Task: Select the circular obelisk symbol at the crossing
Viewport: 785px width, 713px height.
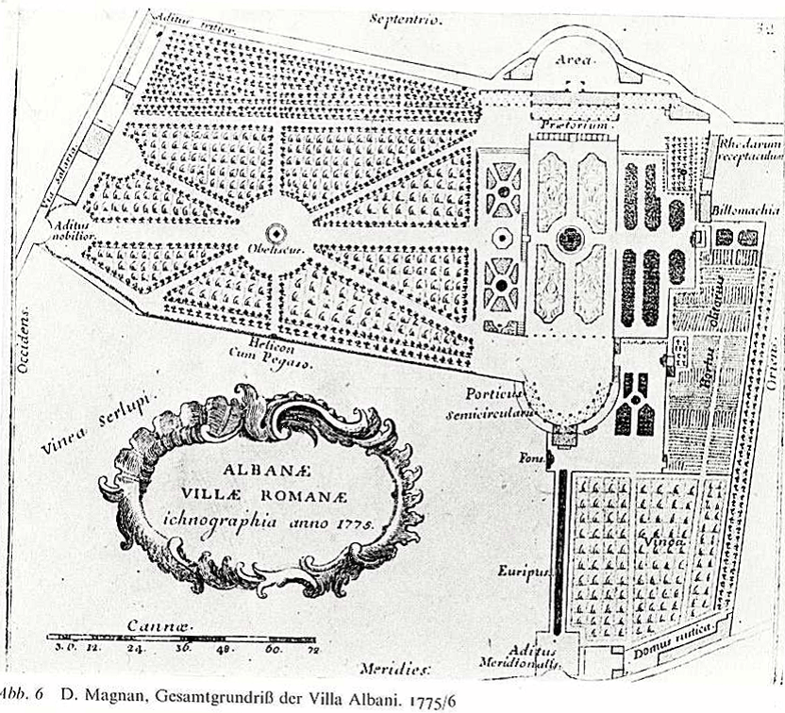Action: coord(276,231)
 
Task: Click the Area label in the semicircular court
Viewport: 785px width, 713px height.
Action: coord(573,59)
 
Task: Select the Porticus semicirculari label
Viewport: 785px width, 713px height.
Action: coord(499,403)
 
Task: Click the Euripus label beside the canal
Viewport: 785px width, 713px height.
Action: coord(520,570)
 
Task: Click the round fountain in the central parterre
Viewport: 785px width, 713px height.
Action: coord(570,238)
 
